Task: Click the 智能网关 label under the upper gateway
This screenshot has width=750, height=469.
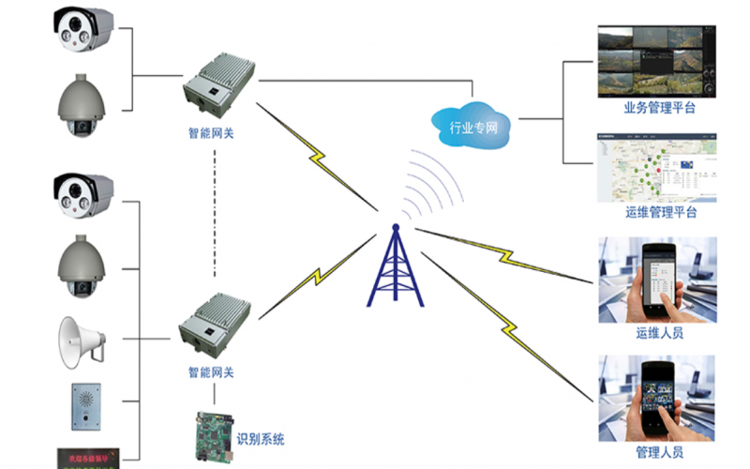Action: coord(211,133)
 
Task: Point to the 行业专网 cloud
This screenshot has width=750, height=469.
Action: coord(472,119)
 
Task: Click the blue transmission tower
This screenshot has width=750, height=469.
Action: coord(395,267)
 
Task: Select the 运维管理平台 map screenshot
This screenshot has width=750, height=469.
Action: coord(658,166)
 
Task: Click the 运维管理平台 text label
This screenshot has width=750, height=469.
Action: coord(660,213)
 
